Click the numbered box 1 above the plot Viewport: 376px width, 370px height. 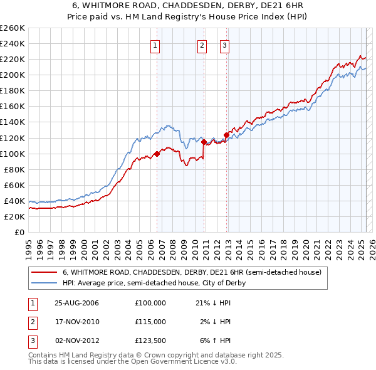click(155, 45)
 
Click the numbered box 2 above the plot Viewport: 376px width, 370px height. click(202, 45)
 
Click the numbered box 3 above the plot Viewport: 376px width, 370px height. click(224, 45)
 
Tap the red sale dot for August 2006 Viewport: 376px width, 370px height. click(157, 154)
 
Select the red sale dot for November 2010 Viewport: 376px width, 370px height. click(204, 142)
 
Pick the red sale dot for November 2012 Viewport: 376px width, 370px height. click(226, 135)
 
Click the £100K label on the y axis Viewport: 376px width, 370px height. click(13, 154)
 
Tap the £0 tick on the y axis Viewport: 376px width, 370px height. click(19, 232)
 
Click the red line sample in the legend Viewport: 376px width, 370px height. click(44, 272)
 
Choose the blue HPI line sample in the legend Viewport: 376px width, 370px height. click(44, 283)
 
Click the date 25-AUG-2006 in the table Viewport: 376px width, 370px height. click(76, 302)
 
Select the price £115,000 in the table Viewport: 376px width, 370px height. click(150, 322)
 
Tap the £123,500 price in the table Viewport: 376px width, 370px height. click(150, 341)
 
